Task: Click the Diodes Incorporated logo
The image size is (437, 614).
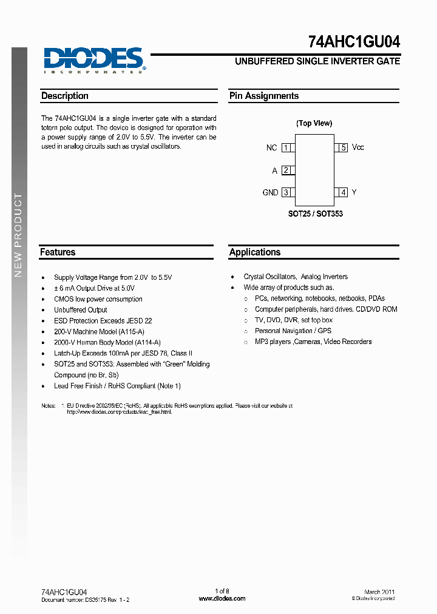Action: tap(93, 61)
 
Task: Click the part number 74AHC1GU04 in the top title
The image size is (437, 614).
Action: tap(354, 42)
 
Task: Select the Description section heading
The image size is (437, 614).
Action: tap(65, 96)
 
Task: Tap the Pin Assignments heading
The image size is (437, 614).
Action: tap(263, 96)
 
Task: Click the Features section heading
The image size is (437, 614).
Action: tap(58, 252)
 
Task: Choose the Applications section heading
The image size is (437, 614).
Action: tap(255, 252)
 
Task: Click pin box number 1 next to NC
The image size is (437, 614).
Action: tap(286, 147)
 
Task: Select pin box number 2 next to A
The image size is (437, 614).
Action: tap(286, 170)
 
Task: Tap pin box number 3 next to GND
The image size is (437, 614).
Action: tap(286, 192)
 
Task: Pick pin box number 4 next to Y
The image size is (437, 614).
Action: tap(343, 192)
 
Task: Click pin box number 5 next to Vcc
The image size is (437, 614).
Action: tap(343, 147)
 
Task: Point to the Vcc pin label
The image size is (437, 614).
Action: tap(358, 147)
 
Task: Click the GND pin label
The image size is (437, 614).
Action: tap(270, 192)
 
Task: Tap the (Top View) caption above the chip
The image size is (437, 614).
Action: tap(314, 123)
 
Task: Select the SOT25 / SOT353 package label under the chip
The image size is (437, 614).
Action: tap(315, 214)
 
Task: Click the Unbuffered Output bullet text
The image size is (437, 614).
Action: tap(81, 309)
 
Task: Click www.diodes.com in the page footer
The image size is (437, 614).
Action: tap(222, 598)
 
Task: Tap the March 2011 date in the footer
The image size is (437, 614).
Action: tap(379, 592)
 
